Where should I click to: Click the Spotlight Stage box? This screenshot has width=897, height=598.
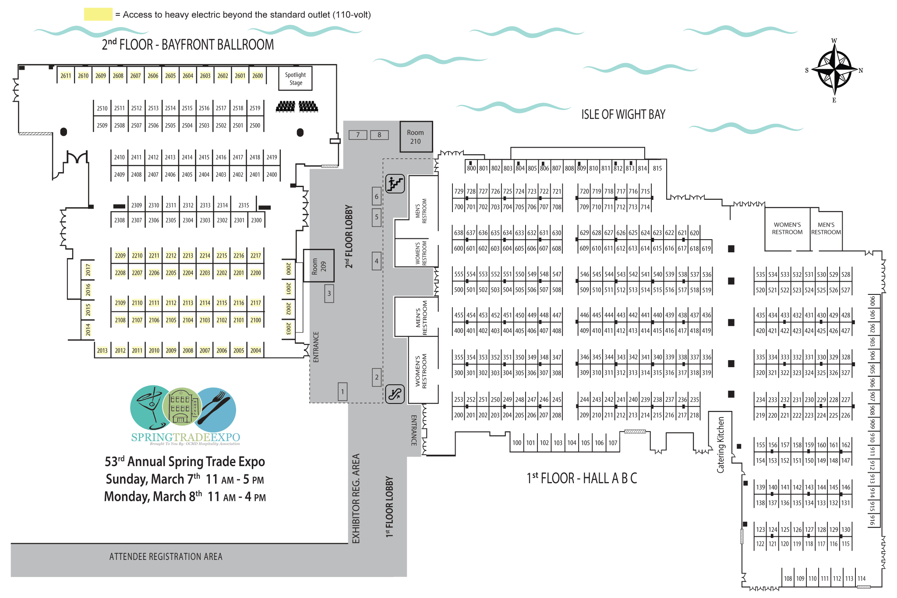[x=296, y=78]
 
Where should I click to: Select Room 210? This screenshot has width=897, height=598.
[x=416, y=137]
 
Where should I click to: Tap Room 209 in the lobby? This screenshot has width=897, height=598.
[x=319, y=265]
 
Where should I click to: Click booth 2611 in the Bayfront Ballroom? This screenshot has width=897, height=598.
[x=66, y=75]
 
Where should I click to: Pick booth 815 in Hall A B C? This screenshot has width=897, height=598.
[x=657, y=168]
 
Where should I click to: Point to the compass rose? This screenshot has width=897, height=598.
[x=835, y=70]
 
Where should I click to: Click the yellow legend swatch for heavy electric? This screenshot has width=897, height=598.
[x=98, y=14]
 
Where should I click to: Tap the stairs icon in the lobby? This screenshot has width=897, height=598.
[x=395, y=184]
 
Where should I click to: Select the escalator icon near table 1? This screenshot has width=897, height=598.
[x=395, y=394]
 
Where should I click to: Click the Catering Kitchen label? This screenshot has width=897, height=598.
[x=720, y=444]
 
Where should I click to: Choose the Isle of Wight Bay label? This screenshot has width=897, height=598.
[x=623, y=114]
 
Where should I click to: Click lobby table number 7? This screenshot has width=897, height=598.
[x=358, y=135]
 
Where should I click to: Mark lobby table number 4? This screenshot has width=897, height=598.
[x=377, y=261]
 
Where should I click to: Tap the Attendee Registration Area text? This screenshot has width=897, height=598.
[x=166, y=556]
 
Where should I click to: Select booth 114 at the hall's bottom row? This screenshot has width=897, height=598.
[x=862, y=578]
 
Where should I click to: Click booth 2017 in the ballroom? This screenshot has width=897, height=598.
[x=88, y=269]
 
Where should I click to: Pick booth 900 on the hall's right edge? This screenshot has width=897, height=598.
[x=872, y=301]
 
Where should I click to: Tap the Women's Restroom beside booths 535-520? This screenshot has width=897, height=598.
[x=787, y=229]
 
